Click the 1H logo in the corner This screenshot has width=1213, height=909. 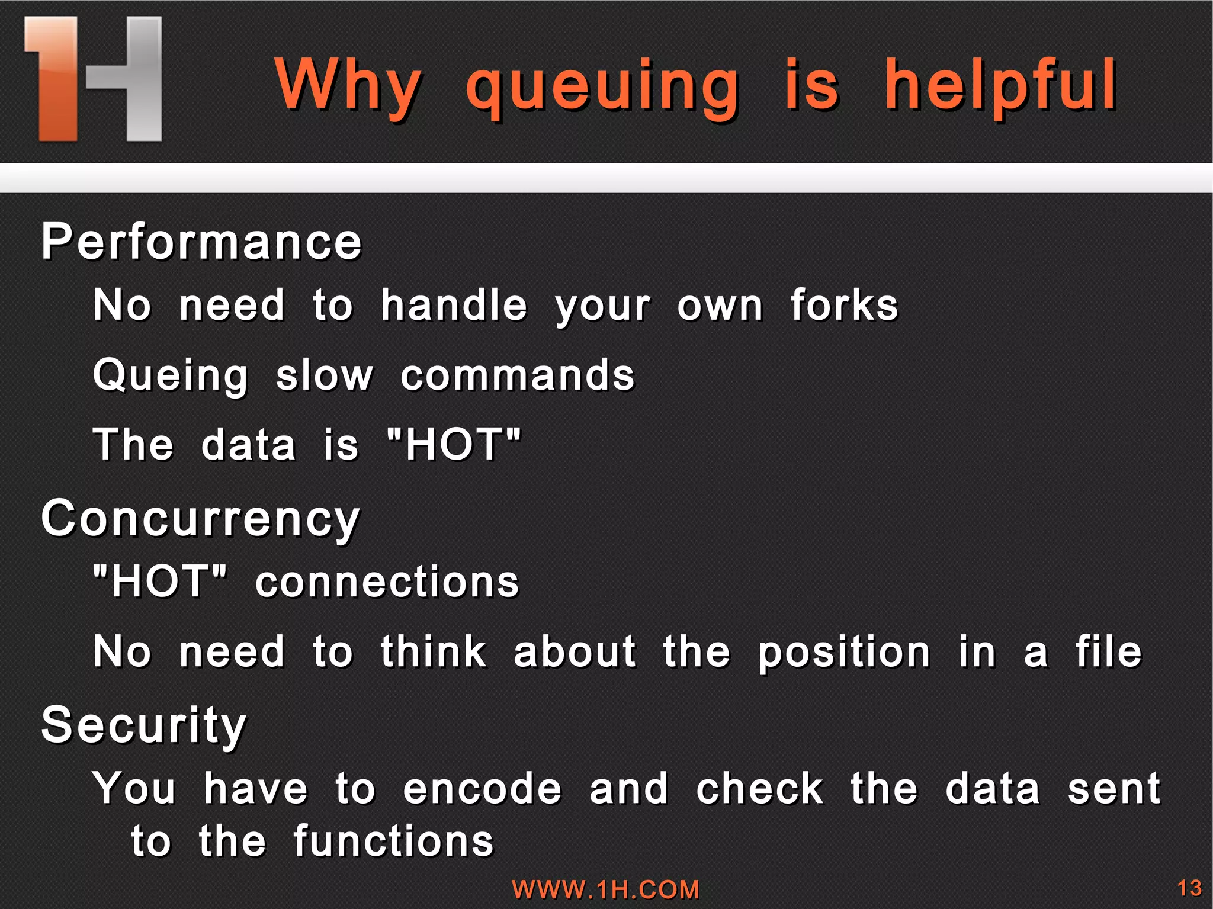[x=93, y=79]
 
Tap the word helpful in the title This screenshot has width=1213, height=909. [x=1000, y=86]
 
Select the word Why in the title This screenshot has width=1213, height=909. [x=348, y=86]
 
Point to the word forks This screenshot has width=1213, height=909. [x=844, y=306]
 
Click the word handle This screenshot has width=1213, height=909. [x=454, y=306]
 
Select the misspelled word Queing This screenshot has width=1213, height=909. [x=171, y=377]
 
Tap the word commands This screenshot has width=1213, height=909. [x=518, y=375]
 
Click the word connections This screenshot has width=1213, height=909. [x=387, y=582]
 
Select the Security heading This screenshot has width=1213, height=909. [x=144, y=726]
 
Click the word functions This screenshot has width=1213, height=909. [x=393, y=841]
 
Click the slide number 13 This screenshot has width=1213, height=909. [x=1189, y=888]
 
